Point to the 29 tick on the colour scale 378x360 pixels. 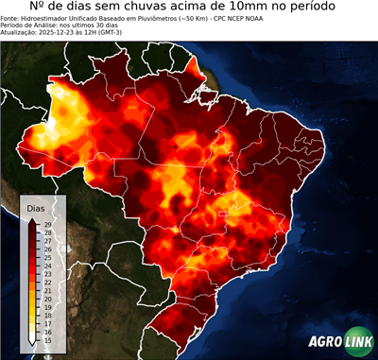tap(47, 223)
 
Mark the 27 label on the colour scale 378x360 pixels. tap(47, 240)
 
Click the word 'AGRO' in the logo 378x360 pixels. tap(326, 343)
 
